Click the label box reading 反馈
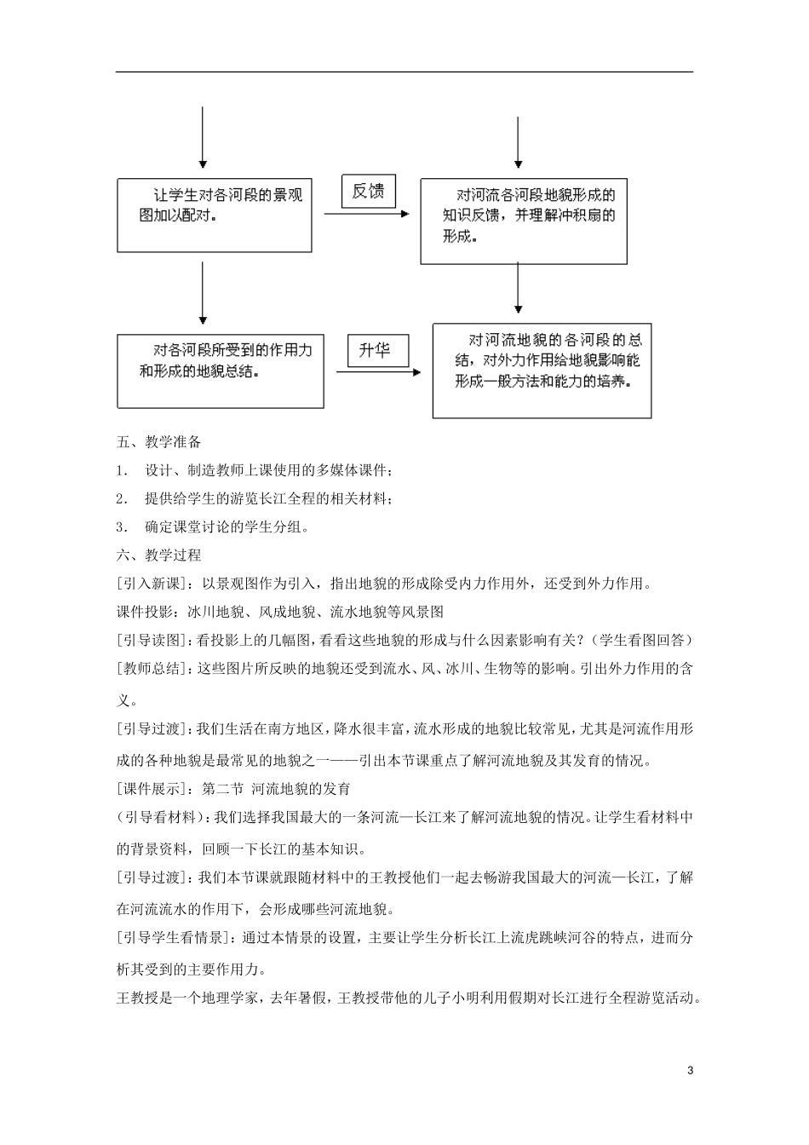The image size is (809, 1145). [369, 192]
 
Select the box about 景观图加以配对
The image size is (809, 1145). [214, 214]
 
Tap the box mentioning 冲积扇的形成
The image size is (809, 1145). [523, 220]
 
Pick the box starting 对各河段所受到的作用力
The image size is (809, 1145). [220, 370]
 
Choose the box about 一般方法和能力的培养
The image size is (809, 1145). [542, 370]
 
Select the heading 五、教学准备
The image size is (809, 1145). [158, 442]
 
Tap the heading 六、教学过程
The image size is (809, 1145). [158, 555]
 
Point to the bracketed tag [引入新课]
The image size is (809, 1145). [154, 584]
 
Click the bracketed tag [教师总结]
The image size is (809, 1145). [154, 669]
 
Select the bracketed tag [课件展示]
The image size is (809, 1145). [154, 789]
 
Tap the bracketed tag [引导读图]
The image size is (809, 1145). [154, 641]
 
